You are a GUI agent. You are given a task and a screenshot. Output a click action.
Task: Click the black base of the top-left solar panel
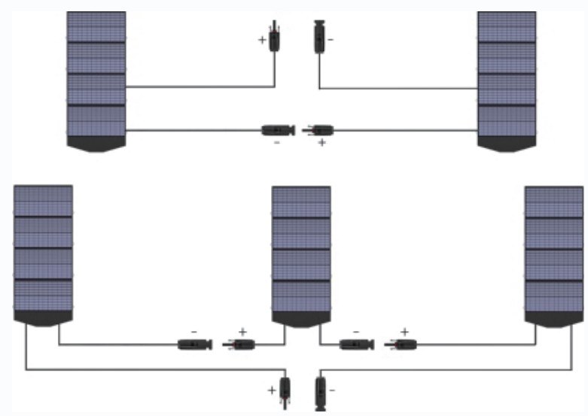coord(96,144)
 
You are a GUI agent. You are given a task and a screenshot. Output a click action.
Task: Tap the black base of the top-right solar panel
coord(507,144)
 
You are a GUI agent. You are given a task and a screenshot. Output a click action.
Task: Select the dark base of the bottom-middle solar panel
coord(300,318)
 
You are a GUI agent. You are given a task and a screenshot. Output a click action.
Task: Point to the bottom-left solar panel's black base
coord(43,318)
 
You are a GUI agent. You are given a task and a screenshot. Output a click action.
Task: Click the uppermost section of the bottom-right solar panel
coord(553,202)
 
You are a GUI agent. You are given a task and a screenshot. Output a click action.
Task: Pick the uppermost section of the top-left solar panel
coord(96,27)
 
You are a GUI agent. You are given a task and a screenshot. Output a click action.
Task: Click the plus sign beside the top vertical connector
coord(262,39)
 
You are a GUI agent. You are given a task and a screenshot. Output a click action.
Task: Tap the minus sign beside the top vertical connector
coord(331,38)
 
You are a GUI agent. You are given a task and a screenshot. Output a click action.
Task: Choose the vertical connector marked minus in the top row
coord(318,37)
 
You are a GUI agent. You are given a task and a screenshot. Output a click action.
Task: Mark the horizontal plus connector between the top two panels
coord(319,130)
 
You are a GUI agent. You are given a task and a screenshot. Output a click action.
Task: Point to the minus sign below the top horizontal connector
coord(276,142)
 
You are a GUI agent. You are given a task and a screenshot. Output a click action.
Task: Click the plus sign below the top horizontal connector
coord(321,142)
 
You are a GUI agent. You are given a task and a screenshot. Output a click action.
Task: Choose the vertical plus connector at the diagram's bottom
coord(285,390)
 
